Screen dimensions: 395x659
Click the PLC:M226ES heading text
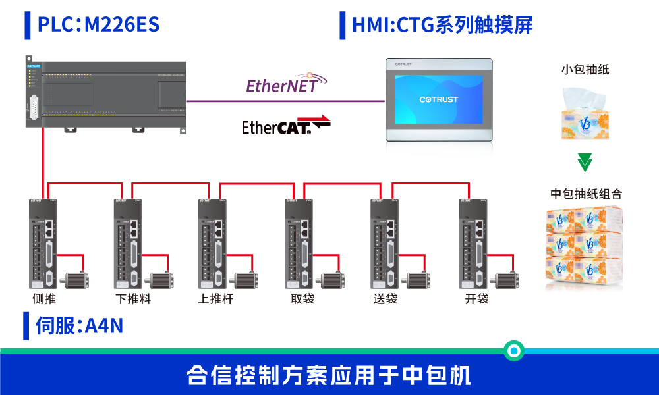click(98, 25)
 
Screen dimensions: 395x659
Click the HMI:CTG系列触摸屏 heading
click(442, 25)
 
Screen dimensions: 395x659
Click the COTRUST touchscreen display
click(438, 99)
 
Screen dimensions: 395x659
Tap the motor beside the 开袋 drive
click(507, 280)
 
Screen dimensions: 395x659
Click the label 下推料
click(133, 300)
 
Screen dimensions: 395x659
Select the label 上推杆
click(215, 300)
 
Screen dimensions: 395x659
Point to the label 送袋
click(386, 300)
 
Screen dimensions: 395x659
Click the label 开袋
click(476, 300)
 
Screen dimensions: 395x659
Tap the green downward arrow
click(585, 162)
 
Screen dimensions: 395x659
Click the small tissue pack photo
click(583, 113)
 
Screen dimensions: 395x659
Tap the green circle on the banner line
click(513, 350)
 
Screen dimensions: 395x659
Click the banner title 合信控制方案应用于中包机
click(329, 376)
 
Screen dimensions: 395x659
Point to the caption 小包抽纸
click(585, 70)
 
